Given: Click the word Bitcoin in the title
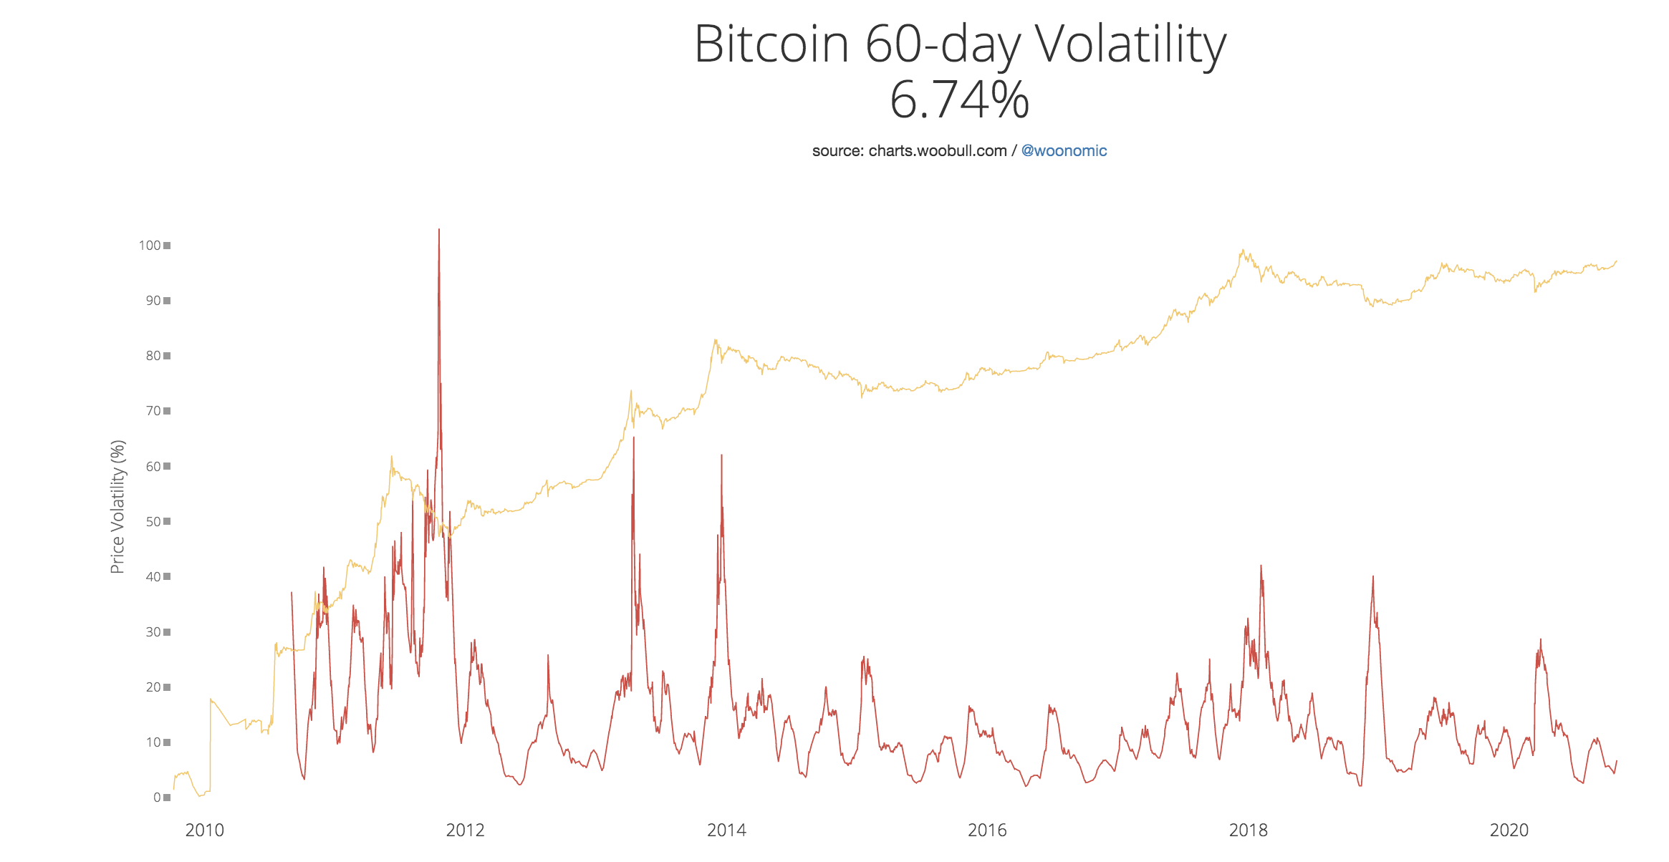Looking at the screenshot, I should pyautogui.click(x=771, y=44).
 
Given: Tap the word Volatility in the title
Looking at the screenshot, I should pyautogui.click(x=1131, y=44).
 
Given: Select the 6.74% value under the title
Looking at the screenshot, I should pyautogui.click(x=959, y=100).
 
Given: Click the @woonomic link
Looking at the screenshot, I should pyautogui.click(x=1064, y=151).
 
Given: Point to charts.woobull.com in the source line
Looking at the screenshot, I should pyautogui.click(x=938, y=151).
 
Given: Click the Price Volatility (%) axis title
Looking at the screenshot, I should pyautogui.click(x=117, y=507).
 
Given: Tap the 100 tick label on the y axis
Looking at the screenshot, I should pyautogui.click(x=150, y=246).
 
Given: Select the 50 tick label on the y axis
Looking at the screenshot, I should pyautogui.click(x=153, y=522).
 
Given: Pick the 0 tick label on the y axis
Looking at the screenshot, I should pyautogui.click(x=157, y=798).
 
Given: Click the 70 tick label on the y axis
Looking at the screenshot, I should pyautogui.click(x=153, y=411).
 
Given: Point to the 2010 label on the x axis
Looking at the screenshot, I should pyautogui.click(x=204, y=830).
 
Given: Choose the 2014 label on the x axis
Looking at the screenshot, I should pyautogui.click(x=726, y=830).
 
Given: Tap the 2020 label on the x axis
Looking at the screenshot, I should pyautogui.click(x=1509, y=830).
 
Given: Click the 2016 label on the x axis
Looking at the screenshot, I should pyautogui.click(x=987, y=830).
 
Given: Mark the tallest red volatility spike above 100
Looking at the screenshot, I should pyautogui.click(x=439, y=231).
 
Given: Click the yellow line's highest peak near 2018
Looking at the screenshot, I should pyautogui.click(x=1243, y=251).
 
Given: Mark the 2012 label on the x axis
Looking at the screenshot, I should pyautogui.click(x=466, y=830).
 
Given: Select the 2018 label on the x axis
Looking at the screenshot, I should pyautogui.click(x=1249, y=830).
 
